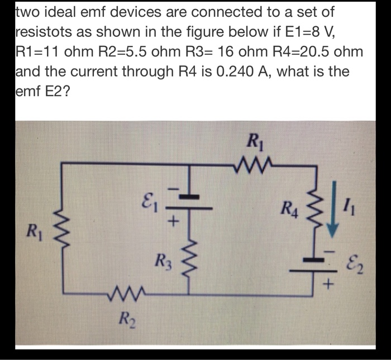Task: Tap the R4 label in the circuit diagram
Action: pos(289,214)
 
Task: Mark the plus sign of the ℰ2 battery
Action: pos(330,286)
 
